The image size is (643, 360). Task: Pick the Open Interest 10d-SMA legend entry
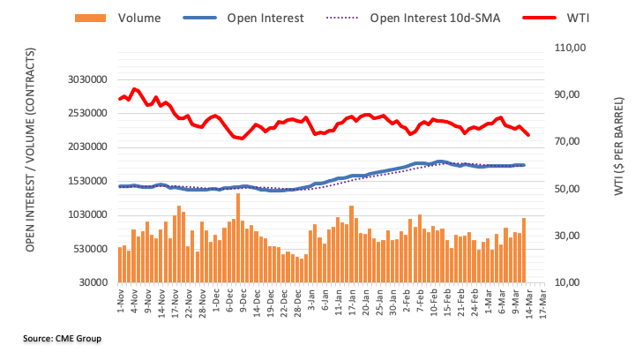pos(423,18)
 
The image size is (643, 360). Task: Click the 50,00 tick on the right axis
pos(569,189)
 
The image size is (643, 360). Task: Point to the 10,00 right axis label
pos(569,283)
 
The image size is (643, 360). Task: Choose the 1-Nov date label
pos(120,301)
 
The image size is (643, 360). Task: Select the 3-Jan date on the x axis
pos(312,301)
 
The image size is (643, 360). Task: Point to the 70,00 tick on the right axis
pos(569,142)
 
